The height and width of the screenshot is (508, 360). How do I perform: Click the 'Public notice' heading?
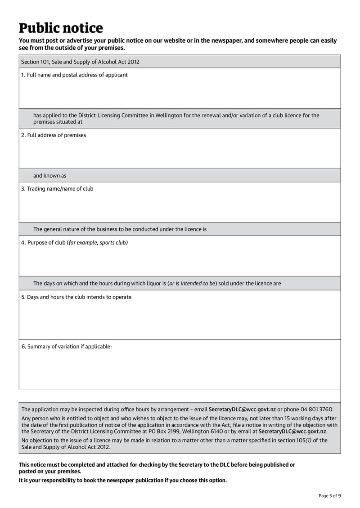[x=61, y=28]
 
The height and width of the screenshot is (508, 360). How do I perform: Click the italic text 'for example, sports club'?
[x=98, y=243]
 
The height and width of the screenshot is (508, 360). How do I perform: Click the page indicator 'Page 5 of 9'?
[x=329, y=496]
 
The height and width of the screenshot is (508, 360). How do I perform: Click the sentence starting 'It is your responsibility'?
[x=122, y=481]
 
